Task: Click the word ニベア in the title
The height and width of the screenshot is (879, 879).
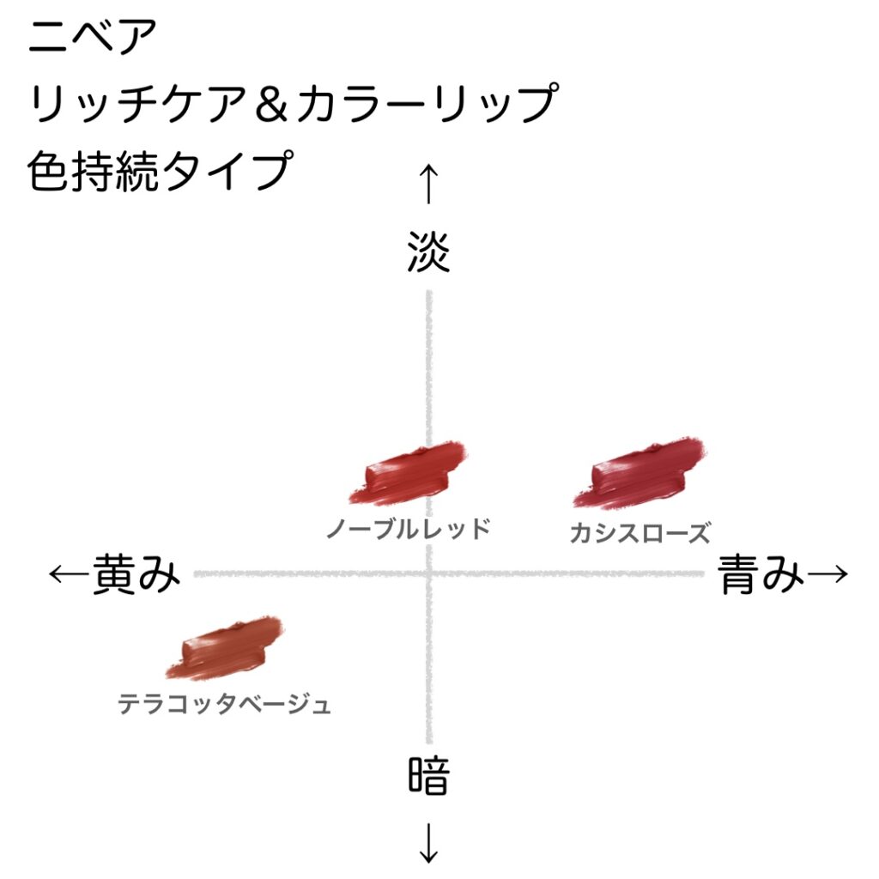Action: [x=93, y=39]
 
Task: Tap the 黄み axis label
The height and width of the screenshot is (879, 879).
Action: [x=137, y=573]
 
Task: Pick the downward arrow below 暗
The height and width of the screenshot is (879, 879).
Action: [x=428, y=845]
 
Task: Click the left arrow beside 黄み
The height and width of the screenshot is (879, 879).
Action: [x=69, y=573]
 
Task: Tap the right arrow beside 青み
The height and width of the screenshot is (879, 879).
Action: [x=829, y=573]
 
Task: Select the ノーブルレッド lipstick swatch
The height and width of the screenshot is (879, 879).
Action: [x=407, y=473]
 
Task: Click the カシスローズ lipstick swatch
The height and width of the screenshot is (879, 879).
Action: [x=642, y=473]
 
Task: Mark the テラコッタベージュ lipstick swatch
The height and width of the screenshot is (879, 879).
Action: [x=224, y=648]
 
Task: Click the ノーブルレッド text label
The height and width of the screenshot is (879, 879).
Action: [x=408, y=527]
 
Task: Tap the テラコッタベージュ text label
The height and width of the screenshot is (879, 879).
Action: [x=224, y=705]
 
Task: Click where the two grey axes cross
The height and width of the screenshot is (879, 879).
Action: [x=428, y=573]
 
